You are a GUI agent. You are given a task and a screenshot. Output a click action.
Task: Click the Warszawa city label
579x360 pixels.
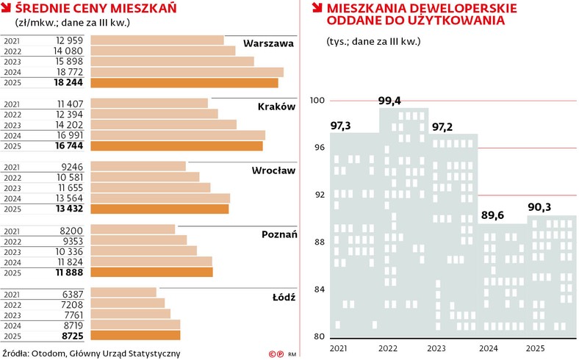tap(268, 43)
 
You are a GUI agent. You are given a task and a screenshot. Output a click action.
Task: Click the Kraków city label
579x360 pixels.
tap(276, 107)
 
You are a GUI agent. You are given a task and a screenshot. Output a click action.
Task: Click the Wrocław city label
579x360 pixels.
tap(273, 170)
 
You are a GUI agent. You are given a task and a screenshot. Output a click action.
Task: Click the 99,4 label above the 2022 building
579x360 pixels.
tap(389, 100)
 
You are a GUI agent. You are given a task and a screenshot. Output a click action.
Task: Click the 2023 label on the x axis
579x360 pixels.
tap(436, 349)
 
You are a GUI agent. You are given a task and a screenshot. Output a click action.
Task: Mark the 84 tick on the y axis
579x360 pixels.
tap(319, 289)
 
